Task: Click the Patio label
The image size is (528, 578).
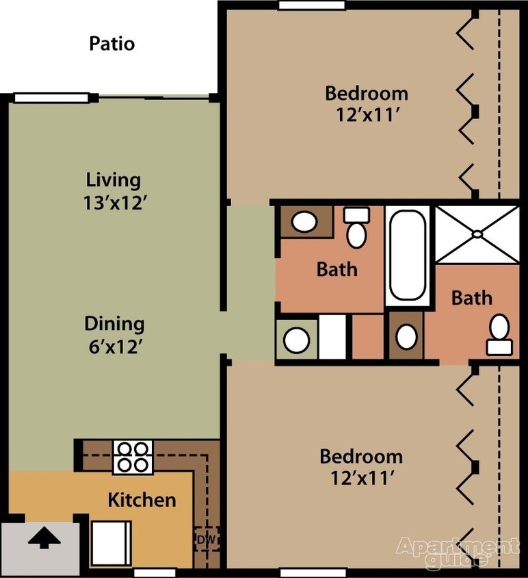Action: (112, 44)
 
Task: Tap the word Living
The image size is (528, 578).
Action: (114, 180)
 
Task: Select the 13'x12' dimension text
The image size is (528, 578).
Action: (114, 203)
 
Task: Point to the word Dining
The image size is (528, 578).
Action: (114, 323)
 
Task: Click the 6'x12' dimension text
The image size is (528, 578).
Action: (114, 347)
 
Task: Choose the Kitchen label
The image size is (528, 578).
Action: (142, 500)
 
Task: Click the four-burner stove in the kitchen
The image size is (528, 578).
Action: (132, 457)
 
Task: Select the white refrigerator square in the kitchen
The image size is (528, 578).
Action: (111, 542)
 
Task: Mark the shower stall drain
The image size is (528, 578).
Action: (477, 234)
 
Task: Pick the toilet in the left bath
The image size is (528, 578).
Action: (356, 230)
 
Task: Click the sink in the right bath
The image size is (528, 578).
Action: (407, 336)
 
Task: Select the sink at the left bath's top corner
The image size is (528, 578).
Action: (303, 221)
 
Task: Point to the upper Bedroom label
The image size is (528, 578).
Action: (366, 93)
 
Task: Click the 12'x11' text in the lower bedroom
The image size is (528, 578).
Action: (360, 479)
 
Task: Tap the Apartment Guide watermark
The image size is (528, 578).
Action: (457, 553)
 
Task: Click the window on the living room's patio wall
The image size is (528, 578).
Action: (51, 98)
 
